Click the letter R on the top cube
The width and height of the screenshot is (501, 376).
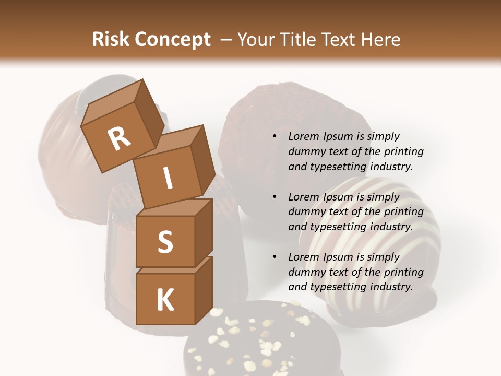119,138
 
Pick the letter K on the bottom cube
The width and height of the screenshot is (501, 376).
165,300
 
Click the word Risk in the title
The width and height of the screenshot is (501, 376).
111,40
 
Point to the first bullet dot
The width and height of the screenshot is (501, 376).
274,137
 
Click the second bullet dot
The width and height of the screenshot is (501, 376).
274,197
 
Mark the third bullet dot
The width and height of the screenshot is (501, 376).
274,257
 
